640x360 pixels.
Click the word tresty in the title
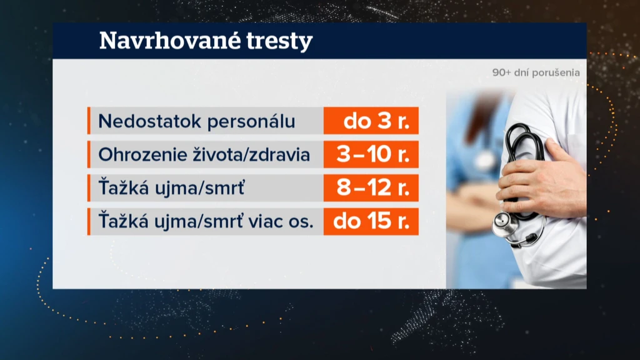click(x=280, y=42)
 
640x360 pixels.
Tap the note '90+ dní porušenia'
click(x=536, y=72)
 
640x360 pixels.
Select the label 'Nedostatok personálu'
click(x=197, y=121)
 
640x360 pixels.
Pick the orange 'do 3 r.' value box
click(x=371, y=121)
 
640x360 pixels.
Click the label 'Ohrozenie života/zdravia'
click(x=204, y=155)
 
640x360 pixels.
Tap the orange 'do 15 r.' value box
click(x=371, y=222)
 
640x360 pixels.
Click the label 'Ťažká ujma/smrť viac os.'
click(x=206, y=221)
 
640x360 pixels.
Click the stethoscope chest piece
click(x=505, y=224)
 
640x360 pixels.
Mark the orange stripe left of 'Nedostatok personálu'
click(x=89, y=121)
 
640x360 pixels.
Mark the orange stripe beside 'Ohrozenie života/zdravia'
click(x=89, y=154)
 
